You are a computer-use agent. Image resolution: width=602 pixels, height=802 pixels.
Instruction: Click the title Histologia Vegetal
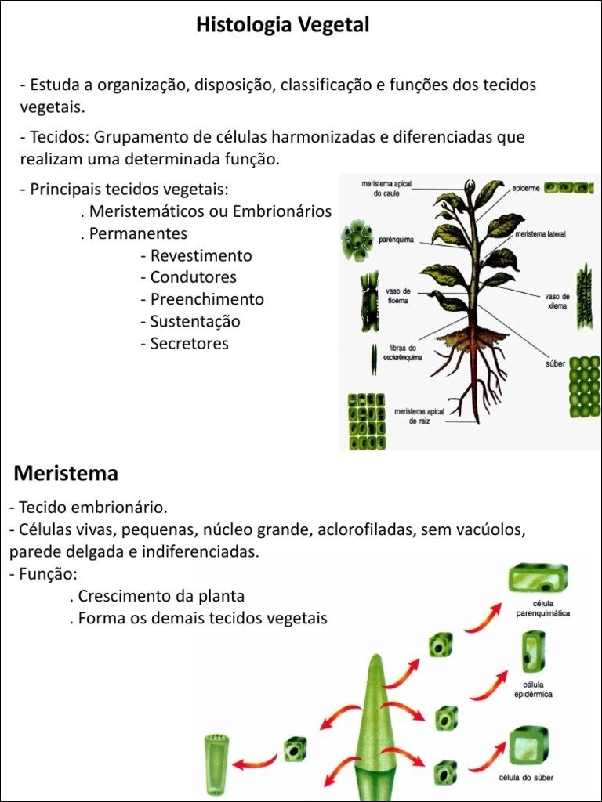[x=282, y=25]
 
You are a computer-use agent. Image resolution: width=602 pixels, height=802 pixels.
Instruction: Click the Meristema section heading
[x=66, y=473]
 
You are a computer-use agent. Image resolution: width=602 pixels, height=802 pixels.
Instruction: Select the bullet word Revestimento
[x=201, y=255]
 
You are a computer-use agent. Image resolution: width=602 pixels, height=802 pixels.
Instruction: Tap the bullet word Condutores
[x=194, y=277]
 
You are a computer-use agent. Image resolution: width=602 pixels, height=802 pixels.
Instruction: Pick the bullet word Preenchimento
[x=207, y=299]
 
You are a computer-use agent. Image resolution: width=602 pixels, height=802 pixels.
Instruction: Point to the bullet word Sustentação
[x=195, y=321]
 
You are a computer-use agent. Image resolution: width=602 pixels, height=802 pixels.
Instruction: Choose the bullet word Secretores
[x=190, y=343]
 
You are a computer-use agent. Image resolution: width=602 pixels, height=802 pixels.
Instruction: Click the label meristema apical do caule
[x=386, y=188]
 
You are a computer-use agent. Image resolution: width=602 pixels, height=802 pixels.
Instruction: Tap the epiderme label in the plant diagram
[x=525, y=188]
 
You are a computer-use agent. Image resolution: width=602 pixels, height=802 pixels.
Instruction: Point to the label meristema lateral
[x=540, y=234]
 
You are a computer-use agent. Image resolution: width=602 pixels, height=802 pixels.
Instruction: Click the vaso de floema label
[x=398, y=295]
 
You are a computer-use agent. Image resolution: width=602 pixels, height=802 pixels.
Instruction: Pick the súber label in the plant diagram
[x=555, y=363]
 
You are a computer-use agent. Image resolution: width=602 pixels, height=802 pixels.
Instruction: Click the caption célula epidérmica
[x=534, y=689]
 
